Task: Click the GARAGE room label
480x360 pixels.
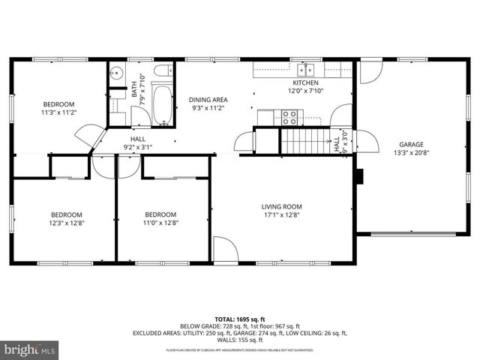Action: click(411, 145)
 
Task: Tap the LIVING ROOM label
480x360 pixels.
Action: click(281, 207)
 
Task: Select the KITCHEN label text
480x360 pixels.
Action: click(305, 82)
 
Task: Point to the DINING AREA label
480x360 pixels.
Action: click(208, 100)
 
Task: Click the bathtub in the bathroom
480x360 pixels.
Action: click(163, 104)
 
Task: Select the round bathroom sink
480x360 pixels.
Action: click(115, 73)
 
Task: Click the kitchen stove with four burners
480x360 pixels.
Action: click(289, 116)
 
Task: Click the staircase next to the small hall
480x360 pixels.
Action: click(304, 140)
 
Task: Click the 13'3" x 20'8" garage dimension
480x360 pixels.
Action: click(411, 153)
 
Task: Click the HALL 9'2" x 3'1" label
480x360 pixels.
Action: click(138, 142)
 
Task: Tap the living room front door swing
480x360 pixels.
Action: click(224, 250)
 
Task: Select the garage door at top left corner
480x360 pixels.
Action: click(370, 71)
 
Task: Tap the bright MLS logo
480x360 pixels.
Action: click(30, 349)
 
